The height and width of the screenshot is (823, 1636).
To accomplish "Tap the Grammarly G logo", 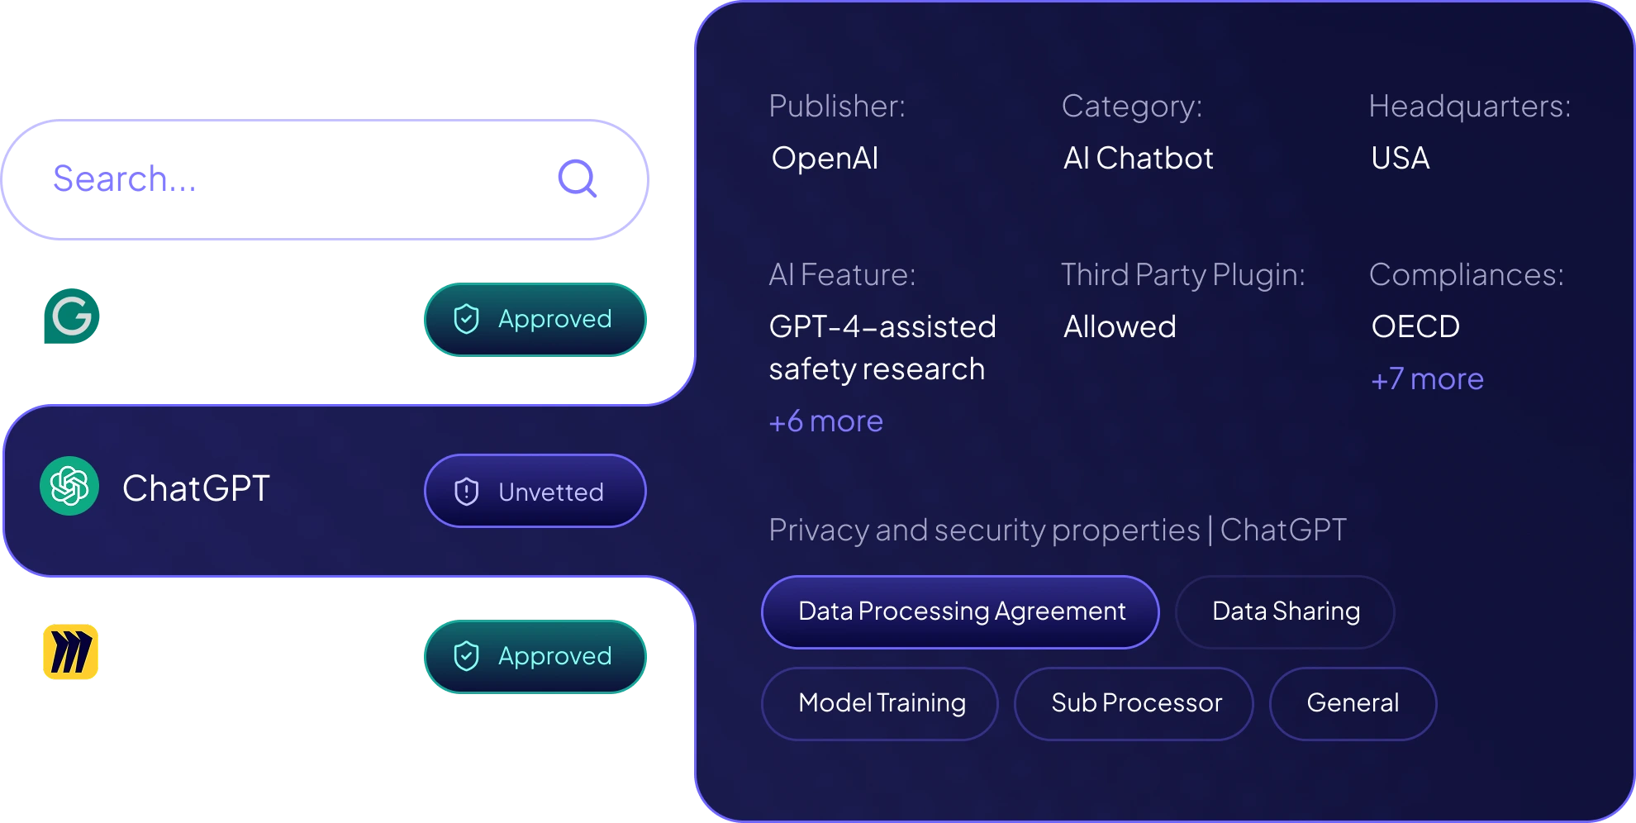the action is [x=70, y=316].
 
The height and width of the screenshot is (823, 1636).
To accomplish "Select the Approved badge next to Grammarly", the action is [x=535, y=320].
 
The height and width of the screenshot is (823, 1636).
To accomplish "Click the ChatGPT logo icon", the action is [x=69, y=487].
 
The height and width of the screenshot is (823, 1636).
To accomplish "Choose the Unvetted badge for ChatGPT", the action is [x=535, y=491].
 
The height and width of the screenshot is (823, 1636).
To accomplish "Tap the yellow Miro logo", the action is [x=70, y=652].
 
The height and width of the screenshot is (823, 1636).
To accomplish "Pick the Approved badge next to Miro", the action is [x=535, y=656].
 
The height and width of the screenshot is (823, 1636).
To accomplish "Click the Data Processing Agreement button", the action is [x=960, y=612].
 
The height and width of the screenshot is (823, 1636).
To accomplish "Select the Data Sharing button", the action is [x=1285, y=612].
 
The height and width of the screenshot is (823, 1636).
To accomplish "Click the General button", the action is [x=1353, y=704].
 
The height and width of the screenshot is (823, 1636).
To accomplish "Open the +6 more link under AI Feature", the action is [x=825, y=422].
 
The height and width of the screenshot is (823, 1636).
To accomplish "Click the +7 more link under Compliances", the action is [x=1427, y=379].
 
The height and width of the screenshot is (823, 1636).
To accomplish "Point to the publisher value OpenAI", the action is [x=825, y=158].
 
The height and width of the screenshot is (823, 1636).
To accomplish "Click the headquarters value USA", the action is [x=1400, y=158].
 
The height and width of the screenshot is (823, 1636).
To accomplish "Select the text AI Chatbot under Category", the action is [x=1138, y=158].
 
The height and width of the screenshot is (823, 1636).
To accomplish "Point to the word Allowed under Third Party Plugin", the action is [x=1120, y=327].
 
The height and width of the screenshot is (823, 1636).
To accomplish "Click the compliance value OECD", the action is [x=1415, y=327].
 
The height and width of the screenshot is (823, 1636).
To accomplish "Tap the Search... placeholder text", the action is [x=125, y=178].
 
